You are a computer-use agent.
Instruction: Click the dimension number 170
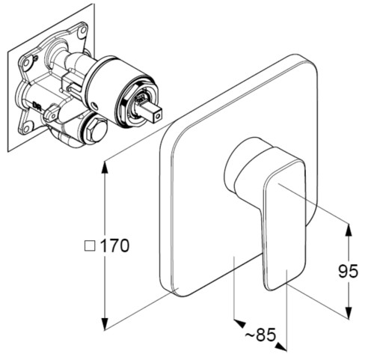[114, 245]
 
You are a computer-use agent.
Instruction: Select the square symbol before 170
[90, 245]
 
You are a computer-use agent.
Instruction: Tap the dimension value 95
[348, 271]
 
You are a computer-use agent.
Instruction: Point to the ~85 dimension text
[260, 335]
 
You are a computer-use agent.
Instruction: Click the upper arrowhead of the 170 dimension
[105, 167]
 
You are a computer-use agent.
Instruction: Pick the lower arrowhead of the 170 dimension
[105, 323]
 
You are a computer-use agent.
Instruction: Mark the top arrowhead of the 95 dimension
[349, 230]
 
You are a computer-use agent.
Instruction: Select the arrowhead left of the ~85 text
[239, 323]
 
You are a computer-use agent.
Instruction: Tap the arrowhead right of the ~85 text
[281, 347]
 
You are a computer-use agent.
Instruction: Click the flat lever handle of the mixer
[284, 225]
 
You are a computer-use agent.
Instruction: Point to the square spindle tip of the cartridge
[155, 112]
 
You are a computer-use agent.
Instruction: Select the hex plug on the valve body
[96, 130]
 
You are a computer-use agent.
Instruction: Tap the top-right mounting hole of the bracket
[82, 31]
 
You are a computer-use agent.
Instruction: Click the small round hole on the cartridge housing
[94, 105]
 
